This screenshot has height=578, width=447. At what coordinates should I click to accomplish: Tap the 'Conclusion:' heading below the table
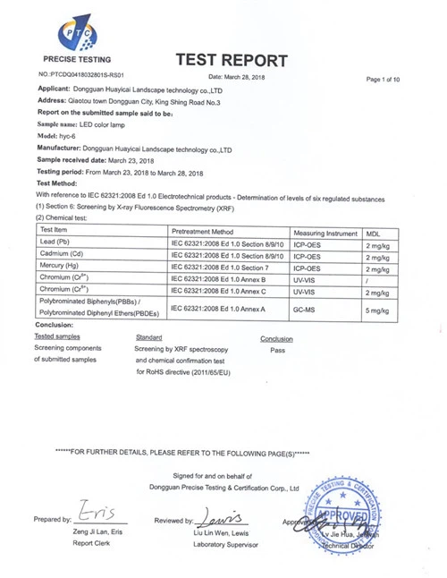51,325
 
